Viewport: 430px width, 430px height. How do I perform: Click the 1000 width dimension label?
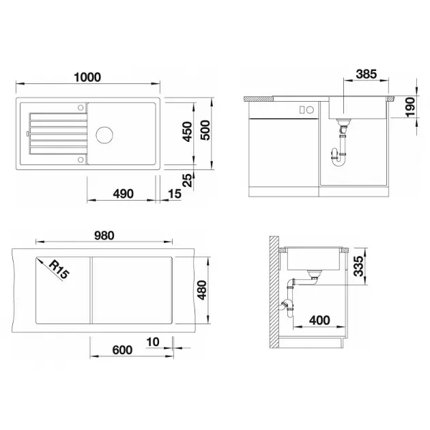point(87,77)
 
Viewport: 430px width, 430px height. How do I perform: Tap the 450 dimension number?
point(188,132)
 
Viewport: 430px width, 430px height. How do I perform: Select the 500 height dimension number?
point(205,130)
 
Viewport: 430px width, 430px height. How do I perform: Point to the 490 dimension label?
point(123,194)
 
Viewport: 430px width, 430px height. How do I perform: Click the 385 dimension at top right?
point(367,74)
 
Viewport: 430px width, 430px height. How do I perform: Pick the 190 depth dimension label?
point(410,107)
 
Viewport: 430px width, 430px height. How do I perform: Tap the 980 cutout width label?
point(104,235)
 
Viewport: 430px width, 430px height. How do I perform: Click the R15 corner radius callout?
point(59,270)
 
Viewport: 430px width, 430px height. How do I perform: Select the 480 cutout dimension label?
point(202,290)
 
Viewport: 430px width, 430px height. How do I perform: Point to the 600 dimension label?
point(122,350)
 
